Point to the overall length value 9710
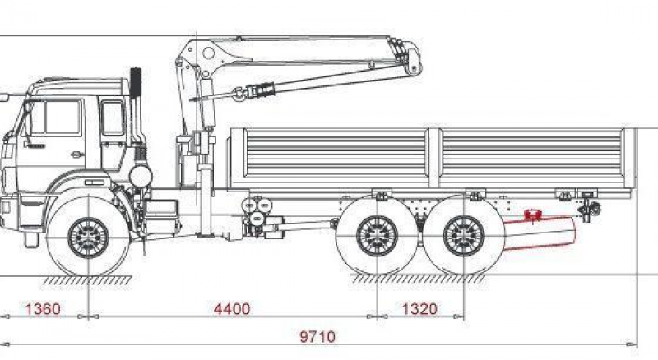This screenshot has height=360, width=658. point(319,337)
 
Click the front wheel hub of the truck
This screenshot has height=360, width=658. point(88,237)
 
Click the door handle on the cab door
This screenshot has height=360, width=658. point(76,154)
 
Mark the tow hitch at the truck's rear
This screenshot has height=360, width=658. point(591,210)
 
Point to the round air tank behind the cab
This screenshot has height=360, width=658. point(140,175)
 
